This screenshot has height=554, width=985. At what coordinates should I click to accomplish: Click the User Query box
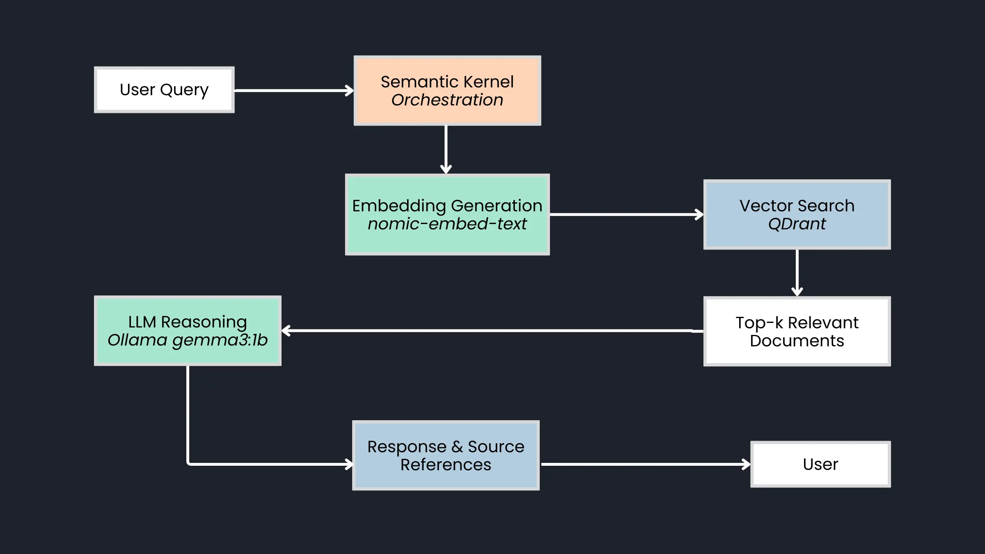click(x=164, y=90)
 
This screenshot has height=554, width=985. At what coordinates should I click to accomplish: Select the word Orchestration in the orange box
click(x=447, y=100)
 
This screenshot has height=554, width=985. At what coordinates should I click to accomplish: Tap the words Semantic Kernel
click(x=447, y=82)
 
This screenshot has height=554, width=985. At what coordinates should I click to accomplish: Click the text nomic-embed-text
click(x=447, y=224)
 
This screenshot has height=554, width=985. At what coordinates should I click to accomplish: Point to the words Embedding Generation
click(x=447, y=206)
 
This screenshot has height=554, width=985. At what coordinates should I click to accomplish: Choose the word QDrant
click(x=797, y=224)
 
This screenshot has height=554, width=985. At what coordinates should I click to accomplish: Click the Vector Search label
click(x=797, y=206)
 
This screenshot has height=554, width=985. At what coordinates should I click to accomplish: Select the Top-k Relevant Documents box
click(x=797, y=332)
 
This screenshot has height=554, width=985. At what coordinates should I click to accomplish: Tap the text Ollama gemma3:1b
click(x=188, y=340)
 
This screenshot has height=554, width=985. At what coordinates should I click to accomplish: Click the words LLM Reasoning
click(x=188, y=322)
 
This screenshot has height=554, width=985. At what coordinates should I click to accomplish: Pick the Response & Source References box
click(x=446, y=456)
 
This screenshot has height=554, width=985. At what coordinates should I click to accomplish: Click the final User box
click(x=820, y=465)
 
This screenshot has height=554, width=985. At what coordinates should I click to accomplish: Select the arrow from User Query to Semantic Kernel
click(x=293, y=91)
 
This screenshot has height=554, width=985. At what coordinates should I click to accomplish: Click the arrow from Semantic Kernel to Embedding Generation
click(x=446, y=150)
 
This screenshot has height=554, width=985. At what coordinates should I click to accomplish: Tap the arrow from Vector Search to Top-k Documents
click(x=797, y=273)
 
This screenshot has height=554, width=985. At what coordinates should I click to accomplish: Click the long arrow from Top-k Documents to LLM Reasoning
click(x=492, y=331)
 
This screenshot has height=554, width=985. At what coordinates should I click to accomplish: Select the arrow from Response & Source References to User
click(x=644, y=465)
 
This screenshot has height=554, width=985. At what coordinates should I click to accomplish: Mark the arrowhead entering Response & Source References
click(x=349, y=465)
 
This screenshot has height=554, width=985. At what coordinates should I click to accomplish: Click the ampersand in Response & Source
click(x=457, y=447)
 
